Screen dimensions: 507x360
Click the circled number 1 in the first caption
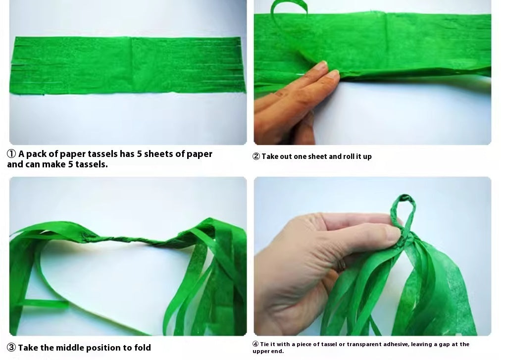[x=11, y=154]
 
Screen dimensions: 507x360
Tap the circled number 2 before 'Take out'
[x=256, y=156]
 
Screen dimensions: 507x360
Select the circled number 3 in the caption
[x=11, y=348]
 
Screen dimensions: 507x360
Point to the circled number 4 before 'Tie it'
[x=255, y=344]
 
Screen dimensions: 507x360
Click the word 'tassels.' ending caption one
[x=92, y=164]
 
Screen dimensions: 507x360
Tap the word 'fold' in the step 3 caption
[x=143, y=348]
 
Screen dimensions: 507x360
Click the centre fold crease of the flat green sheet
[x=131, y=65]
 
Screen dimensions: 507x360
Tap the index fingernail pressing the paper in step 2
[x=321, y=65]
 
